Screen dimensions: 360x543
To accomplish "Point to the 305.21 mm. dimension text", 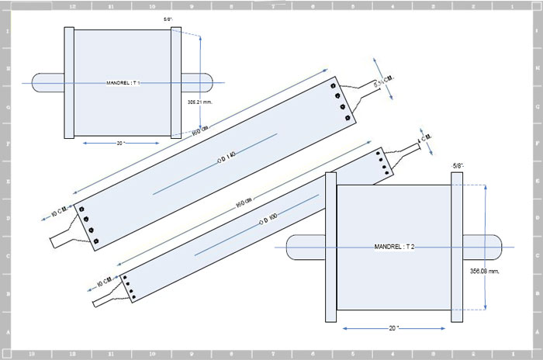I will [200, 101].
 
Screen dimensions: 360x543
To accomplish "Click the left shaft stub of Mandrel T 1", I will [47, 81].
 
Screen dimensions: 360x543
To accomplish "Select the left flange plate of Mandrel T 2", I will [330, 247].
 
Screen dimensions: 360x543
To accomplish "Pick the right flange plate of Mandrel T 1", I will [175, 81].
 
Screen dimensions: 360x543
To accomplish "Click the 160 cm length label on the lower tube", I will [243, 202].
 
